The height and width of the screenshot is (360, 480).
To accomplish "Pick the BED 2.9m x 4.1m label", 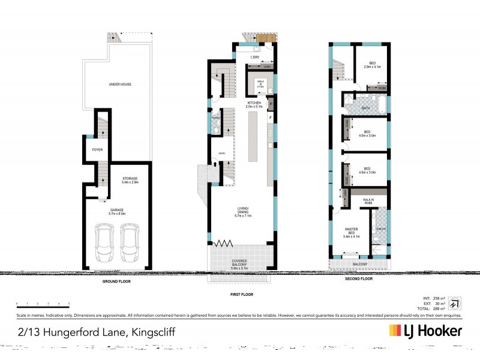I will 372,65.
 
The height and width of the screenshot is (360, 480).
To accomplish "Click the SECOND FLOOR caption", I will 358,278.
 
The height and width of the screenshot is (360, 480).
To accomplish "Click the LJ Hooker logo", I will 425,331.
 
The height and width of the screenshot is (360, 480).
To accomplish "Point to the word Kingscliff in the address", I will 151,331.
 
